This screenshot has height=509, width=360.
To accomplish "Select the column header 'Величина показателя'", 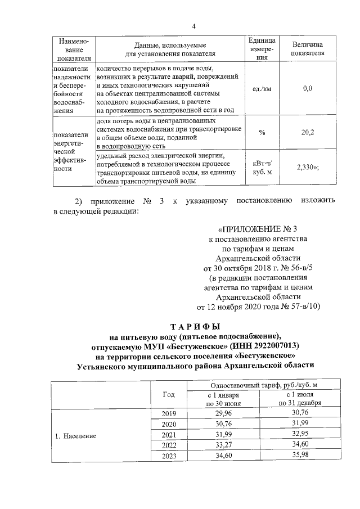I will [308, 49].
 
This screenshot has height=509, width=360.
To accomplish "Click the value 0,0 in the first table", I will [308, 88].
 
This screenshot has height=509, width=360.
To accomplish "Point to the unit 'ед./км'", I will [262, 88].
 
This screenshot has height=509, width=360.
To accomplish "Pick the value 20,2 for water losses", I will [308, 132].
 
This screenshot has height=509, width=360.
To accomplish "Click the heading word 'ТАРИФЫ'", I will [193, 326].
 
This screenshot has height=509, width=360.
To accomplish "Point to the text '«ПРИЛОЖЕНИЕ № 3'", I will [256, 229].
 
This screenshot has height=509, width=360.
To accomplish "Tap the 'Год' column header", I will [169, 394].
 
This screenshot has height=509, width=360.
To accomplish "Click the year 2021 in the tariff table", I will [169, 436].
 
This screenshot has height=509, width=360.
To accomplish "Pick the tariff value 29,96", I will [224, 414].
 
